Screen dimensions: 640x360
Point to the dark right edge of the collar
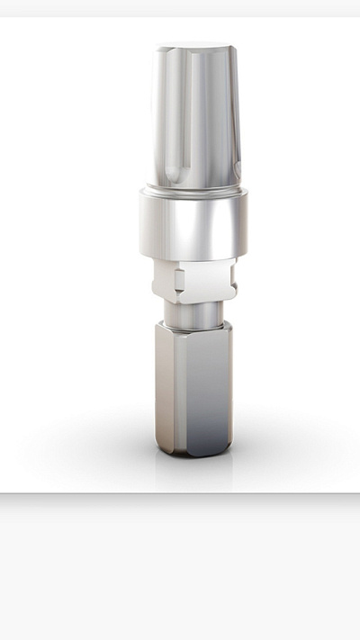pos(240,225)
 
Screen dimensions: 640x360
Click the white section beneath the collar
pos(193,281)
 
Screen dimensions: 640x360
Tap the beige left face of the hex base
pos(161,387)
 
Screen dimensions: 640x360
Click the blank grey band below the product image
pos(180,567)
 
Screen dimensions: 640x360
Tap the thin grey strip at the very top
pos(180,7)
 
